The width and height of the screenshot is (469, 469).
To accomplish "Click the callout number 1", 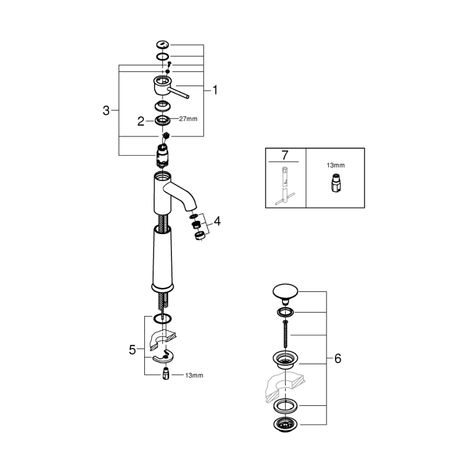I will click(x=215, y=90).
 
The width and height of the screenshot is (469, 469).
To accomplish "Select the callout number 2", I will click(x=141, y=122).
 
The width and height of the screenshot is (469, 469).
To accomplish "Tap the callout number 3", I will click(x=106, y=111).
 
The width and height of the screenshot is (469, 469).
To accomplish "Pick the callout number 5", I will click(x=132, y=350).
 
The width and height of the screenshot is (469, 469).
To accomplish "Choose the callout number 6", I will click(x=338, y=358).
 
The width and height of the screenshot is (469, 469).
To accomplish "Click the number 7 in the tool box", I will click(x=285, y=155).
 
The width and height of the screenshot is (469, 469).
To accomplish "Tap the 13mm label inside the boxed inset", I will click(x=336, y=166).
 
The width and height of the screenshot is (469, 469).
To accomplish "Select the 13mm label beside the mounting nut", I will click(x=194, y=374).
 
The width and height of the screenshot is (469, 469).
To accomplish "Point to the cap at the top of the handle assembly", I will click(x=163, y=45).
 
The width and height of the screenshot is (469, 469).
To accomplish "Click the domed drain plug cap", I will click(x=286, y=292).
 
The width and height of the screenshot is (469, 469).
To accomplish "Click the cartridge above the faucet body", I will click(x=163, y=154).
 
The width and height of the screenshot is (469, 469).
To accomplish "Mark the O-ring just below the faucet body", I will click(x=163, y=318).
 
